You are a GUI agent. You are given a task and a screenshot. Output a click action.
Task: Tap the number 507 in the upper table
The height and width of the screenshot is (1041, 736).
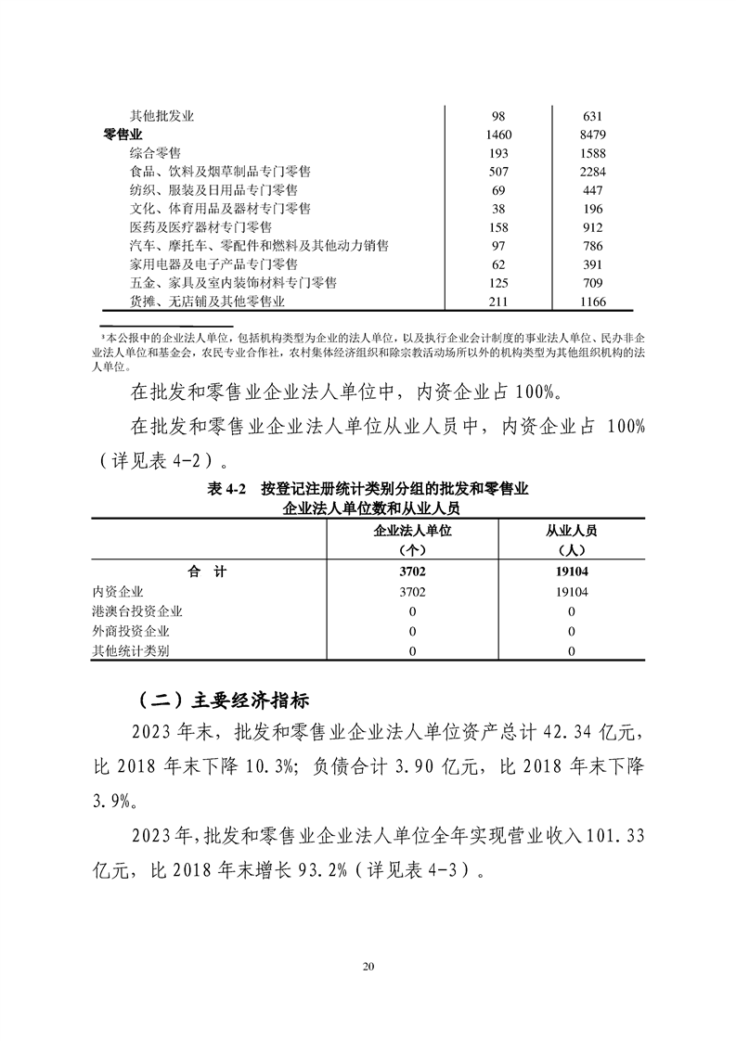pos(498,172)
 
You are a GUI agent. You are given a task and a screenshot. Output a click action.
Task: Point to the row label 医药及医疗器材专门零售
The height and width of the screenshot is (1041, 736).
pos(213,227)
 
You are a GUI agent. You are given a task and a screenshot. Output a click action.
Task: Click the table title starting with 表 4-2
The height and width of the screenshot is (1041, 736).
pos(368,490)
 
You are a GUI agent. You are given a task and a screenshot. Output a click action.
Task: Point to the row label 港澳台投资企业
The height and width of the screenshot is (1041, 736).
pos(137,611)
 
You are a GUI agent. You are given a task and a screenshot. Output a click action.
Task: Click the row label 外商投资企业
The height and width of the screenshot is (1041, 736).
pos(131,631)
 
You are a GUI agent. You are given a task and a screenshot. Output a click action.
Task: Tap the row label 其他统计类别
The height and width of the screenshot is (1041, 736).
pos(131,650)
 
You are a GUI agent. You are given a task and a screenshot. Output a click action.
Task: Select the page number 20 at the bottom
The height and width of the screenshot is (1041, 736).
pos(368,967)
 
